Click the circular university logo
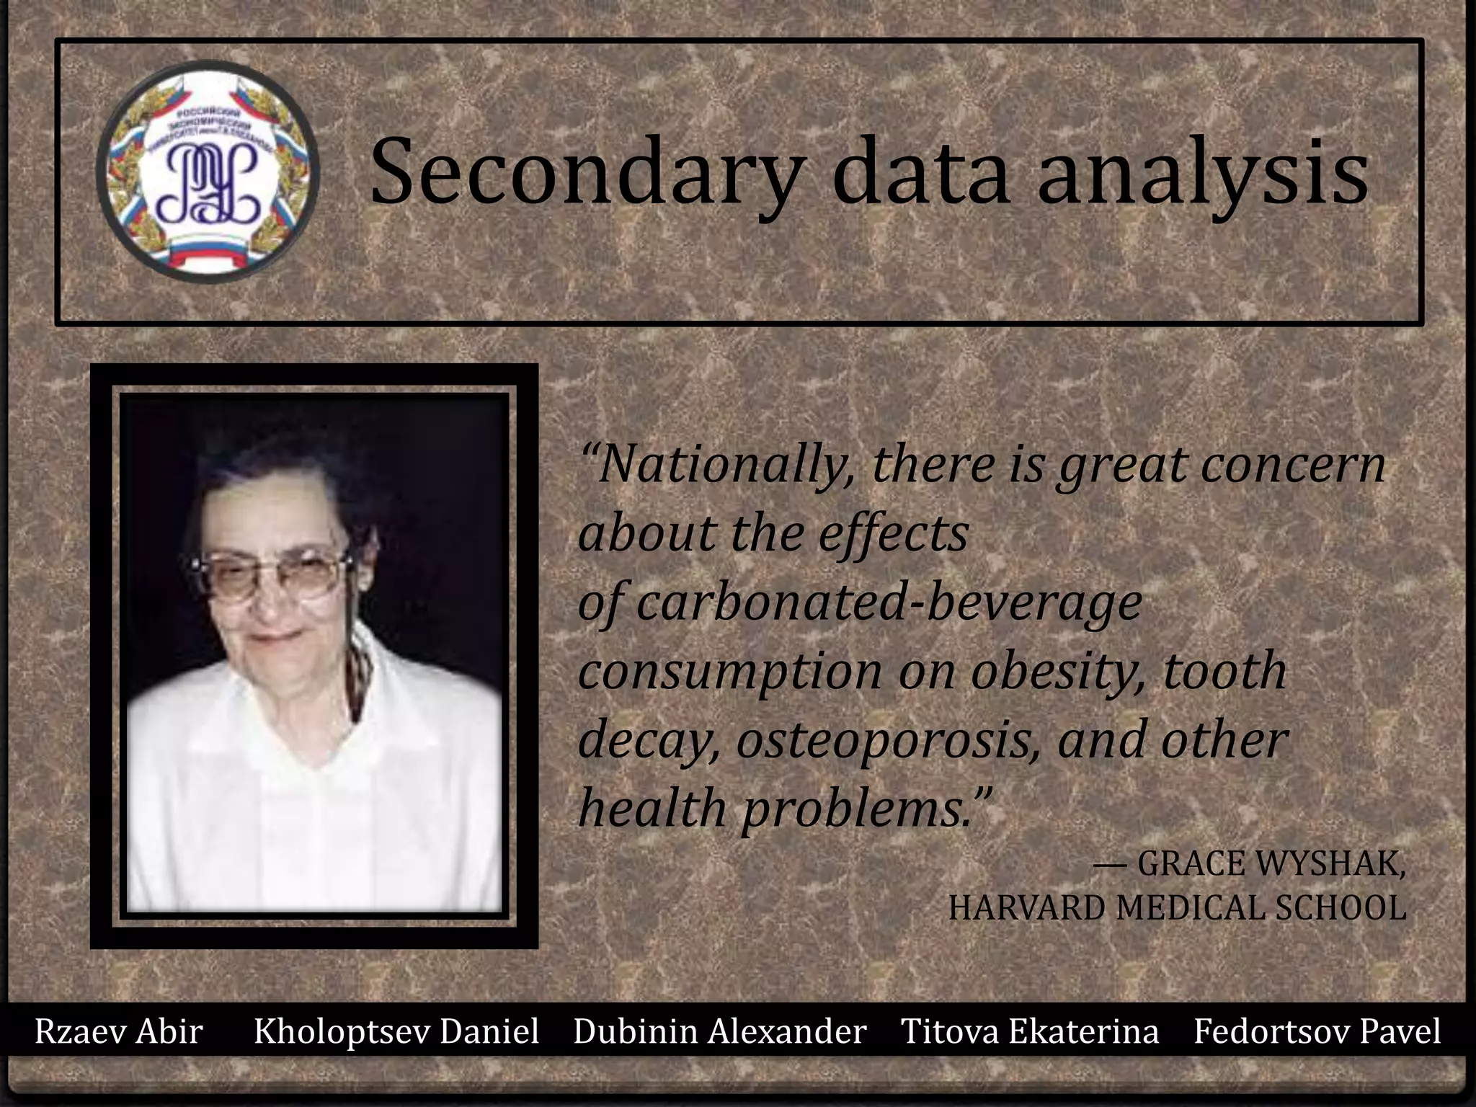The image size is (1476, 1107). (x=208, y=172)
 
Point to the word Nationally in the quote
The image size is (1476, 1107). (x=721, y=465)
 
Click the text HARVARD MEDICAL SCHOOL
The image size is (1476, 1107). (x=1177, y=907)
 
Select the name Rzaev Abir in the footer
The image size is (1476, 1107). (x=119, y=1031)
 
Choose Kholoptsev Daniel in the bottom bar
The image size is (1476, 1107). (x=396, y=1031)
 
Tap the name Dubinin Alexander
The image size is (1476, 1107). (x=720, y=1031)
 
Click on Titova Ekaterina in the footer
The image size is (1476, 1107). (x=1030, y=1031)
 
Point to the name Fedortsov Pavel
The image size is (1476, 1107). (x=1317, y=1031)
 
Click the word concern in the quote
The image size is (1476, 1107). (x=1293, y=465)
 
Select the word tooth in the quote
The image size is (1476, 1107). (x=1224, y=671)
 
